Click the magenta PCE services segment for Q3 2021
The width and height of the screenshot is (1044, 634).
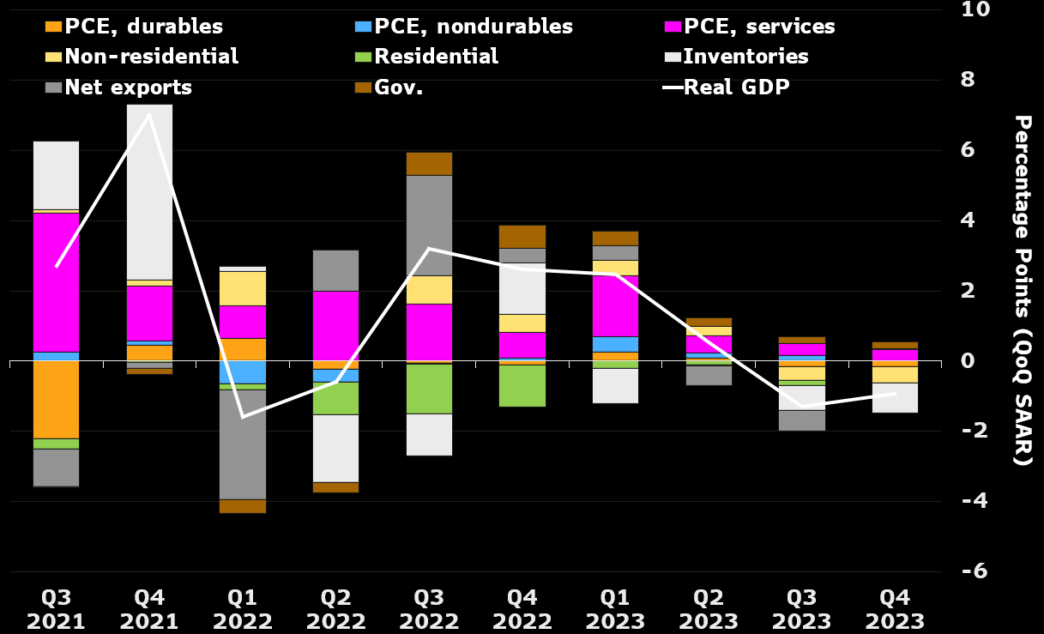pyautogui.click(x=57, y=282)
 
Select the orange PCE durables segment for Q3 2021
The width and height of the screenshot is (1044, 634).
pyautogui.click(x=57, y=400)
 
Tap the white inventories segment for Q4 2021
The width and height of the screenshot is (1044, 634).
pyautogui.click(x=150, y=192)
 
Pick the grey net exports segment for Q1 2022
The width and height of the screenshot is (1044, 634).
pyautogui.click(x=243, y=444)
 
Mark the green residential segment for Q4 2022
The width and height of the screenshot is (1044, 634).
pyautogui.click(x=522, y=385)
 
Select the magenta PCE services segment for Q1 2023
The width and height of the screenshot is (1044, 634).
pyautogui.click(x=615, y=305)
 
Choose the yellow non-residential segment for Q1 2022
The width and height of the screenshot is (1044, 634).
pyautogui.click(x=243, y=289)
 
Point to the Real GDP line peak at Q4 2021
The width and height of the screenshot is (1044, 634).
pyautogui.click(x=150, y=114)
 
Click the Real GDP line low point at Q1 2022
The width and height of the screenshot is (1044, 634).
pyautogui.click(x=243, y=417)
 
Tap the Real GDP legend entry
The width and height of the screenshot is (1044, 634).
pyautogui.click(x=736, y=87)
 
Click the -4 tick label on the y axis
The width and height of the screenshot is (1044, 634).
pyautogui.click(x=966, y=501)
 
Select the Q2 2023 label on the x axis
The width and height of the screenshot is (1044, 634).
pyautogui.click(x=709, y=609)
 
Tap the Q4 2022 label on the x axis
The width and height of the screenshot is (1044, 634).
pyautogui.click(x=522, y=609)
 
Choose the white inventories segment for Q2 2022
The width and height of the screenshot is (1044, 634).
pyautogui.click(x=336, y=449)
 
